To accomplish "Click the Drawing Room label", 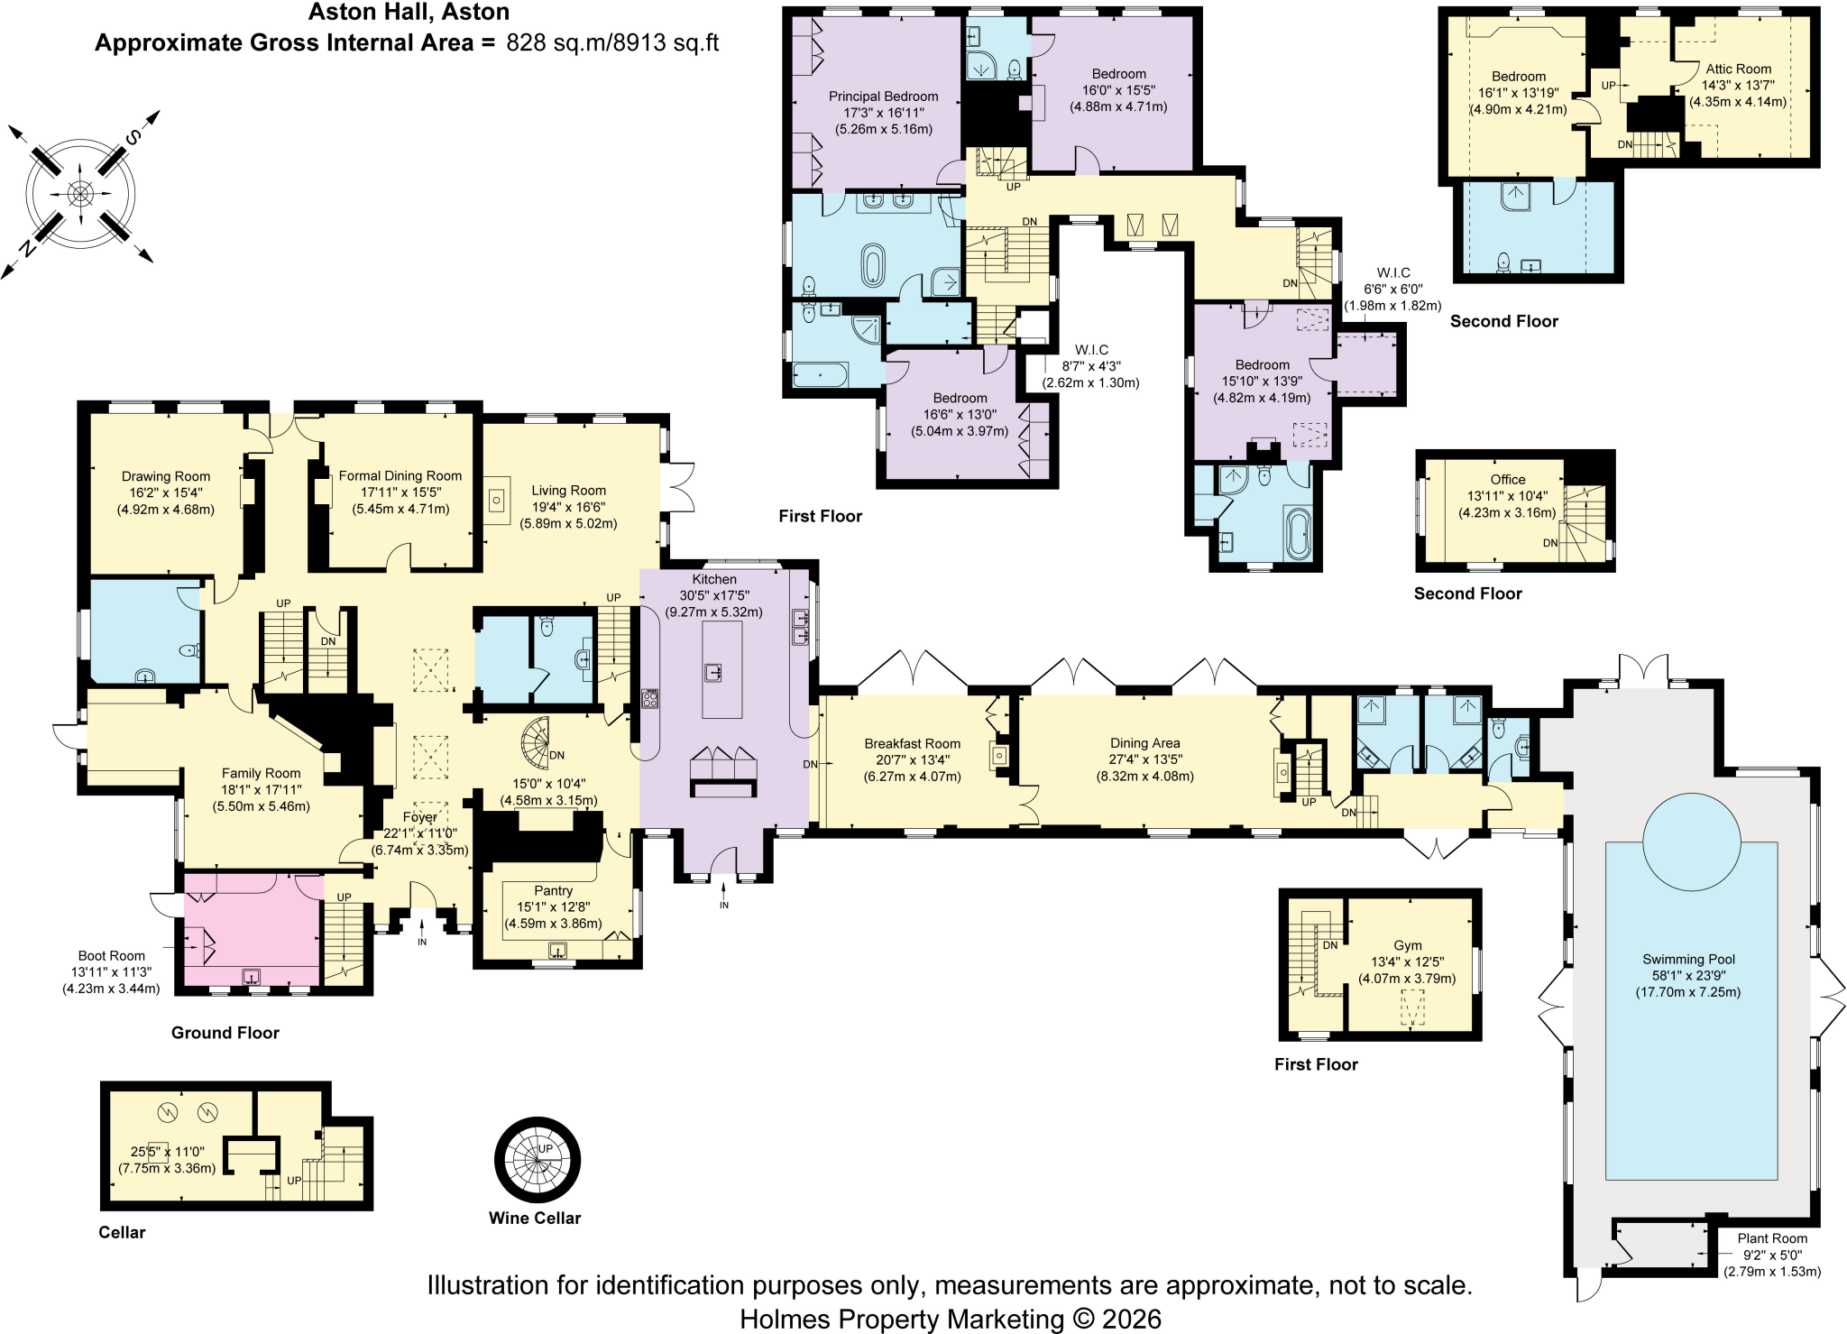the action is pos(166,476).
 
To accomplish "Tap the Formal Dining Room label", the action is pos(400,475).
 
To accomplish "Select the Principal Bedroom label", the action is pos(884,97).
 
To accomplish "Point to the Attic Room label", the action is pos(1739,69).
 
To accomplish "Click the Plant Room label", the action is pos(1773,1238).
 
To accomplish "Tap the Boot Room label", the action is pos(112,955).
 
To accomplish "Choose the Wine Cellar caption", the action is pos(535,1218).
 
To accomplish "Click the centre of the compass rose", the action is pos(80,193).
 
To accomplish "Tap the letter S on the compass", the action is pos(133,137).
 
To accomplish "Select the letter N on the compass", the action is pos(27,248).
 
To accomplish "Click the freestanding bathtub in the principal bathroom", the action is pos(873,265).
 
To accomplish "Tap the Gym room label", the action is pos(1408,945).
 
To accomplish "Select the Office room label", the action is pos(1508,480).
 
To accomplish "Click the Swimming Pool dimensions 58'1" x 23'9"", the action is pos(1688,976).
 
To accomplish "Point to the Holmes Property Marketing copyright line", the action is pos(951,1319).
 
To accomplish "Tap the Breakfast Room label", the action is pos(913,744).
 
